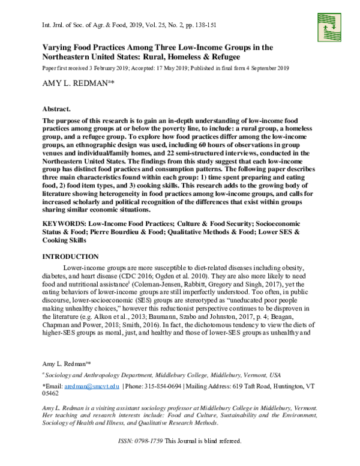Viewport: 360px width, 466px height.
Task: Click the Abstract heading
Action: [x=57, y=111]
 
